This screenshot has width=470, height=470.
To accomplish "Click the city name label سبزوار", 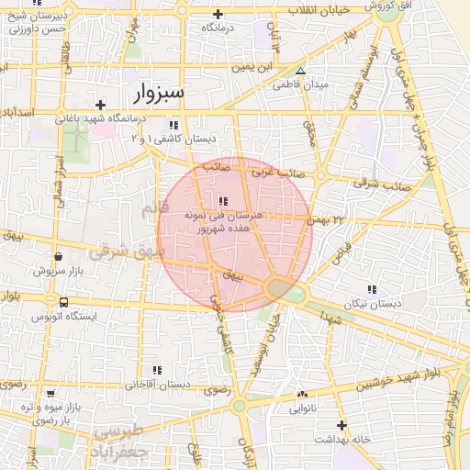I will tap(159, 94).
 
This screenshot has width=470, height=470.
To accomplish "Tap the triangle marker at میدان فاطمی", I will tap(300, 71).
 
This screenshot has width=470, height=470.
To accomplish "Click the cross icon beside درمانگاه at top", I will tap(218, 14).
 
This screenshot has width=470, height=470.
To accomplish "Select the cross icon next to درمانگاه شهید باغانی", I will tap(100, 105).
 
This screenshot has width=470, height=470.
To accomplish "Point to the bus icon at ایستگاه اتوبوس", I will tap(63, 302).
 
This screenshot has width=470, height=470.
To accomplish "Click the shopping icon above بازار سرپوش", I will tap(59, 258).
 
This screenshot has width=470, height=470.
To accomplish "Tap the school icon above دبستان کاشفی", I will tap(173, 125).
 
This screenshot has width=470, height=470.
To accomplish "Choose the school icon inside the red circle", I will tap(223, 201).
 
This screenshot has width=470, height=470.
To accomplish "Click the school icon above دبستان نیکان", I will tap(372, 289).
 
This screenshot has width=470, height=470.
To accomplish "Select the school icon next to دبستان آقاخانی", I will tap(157, 370).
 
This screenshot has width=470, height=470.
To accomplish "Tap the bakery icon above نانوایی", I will tap(301, 395).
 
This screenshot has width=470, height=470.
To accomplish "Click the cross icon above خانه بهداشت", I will tap(341, 425).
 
